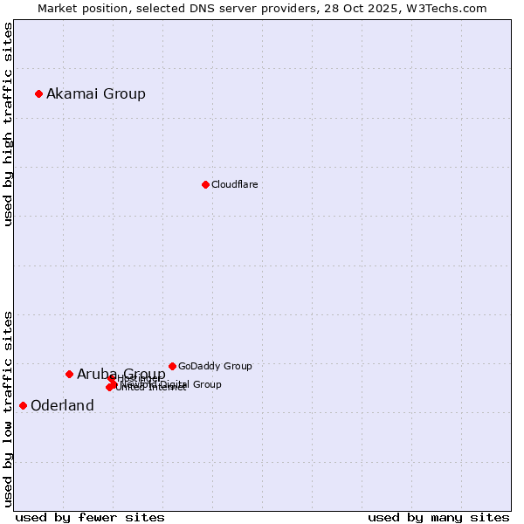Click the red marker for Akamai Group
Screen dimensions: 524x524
38,93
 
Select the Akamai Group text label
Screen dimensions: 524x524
96,93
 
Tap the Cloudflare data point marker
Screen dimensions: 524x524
205,184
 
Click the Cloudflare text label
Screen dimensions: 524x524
234,184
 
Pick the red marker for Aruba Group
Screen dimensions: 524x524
69,374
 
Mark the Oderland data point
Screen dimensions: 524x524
23,405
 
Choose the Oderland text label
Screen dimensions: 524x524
62,405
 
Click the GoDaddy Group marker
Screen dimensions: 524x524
172,366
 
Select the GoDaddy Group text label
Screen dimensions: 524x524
215,366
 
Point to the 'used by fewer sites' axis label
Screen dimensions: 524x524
90,517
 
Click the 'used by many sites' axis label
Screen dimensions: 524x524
438,517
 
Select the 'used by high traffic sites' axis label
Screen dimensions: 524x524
8,124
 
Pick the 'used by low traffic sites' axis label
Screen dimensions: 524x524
8,408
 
